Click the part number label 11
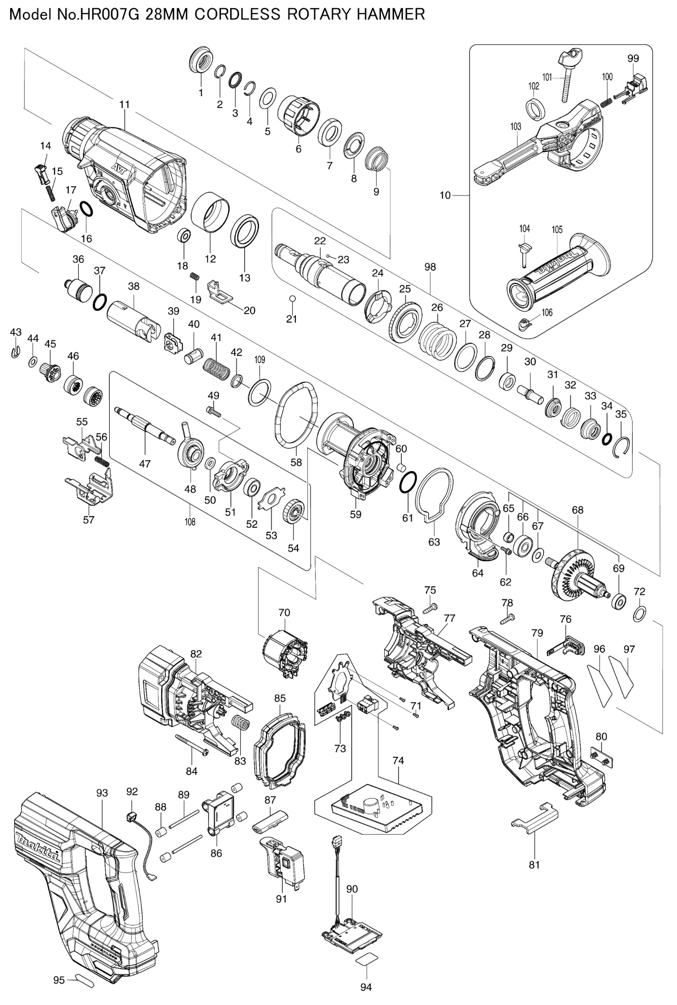pyautogui.click(x=124, y=104)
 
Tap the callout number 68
pyautogui.click(x=577, y=510)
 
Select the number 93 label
pyautogui.click(x=102, y=793)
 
